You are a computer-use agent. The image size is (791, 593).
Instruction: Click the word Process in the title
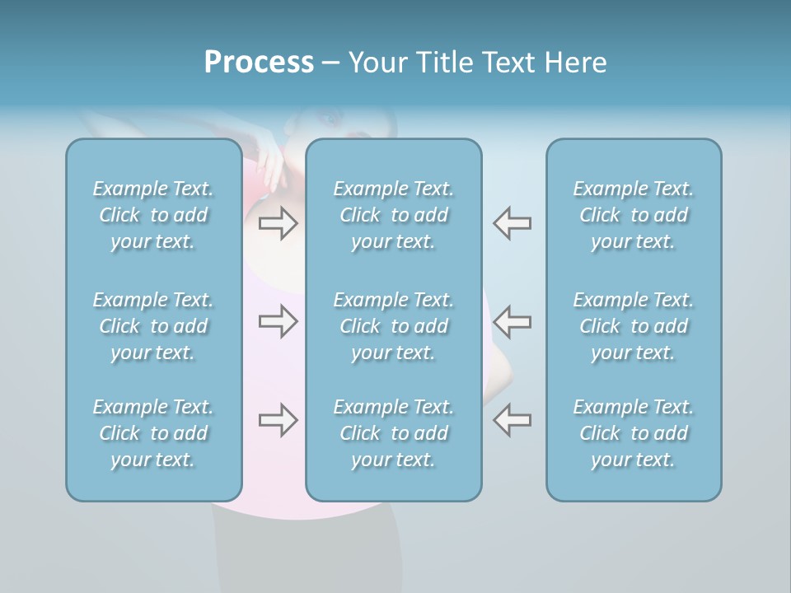[x=259, y=63]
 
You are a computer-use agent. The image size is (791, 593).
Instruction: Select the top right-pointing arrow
[x=278, y=222]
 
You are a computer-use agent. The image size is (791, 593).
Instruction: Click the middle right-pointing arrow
[x=278, y=321]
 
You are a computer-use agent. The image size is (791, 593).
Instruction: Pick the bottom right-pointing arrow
[x=278, y=420]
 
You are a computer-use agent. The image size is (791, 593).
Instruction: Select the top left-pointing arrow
[x=512, y=222]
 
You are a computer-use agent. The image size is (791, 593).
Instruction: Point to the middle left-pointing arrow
[x=512, y=321]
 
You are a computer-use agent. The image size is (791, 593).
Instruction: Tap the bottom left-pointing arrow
[x=512, y=420]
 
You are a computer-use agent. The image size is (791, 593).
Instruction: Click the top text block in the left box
[x=153, y=215]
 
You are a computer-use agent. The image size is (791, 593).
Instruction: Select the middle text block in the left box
[x=153, y=326]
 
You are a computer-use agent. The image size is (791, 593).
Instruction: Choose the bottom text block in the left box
[x=153, y=433]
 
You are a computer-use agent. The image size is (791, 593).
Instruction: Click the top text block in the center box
[x=394, y=215]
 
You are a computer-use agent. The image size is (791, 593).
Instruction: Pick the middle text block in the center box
[x=394, y=326]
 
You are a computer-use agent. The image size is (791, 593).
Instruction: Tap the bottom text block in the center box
[x=394, y=433]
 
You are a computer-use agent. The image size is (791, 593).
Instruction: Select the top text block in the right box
[x=634, y=215]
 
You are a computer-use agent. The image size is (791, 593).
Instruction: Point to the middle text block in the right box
[x=634, y=326]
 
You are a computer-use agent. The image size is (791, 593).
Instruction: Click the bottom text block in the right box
[x=634, y=433]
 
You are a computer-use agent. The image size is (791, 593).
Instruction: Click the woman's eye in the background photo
[x=331, y=119]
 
